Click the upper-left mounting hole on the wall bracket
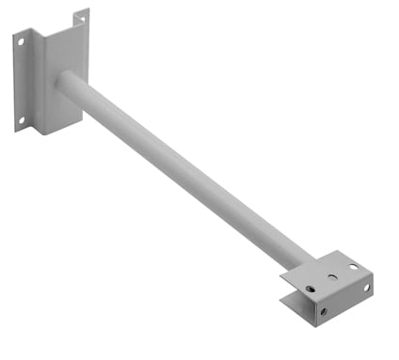point(19,39)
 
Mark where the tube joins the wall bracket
point(62,79)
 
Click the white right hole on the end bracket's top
point(354,266)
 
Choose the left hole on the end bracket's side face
point(324,311)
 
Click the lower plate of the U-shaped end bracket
point(294,303)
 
